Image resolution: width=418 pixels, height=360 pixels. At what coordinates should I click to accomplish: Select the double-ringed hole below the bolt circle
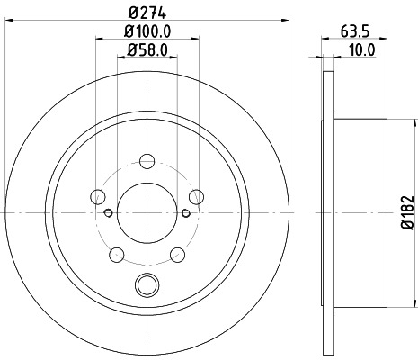[x=145, y=286]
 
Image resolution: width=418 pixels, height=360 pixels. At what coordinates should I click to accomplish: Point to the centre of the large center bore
[x=145, y=212]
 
